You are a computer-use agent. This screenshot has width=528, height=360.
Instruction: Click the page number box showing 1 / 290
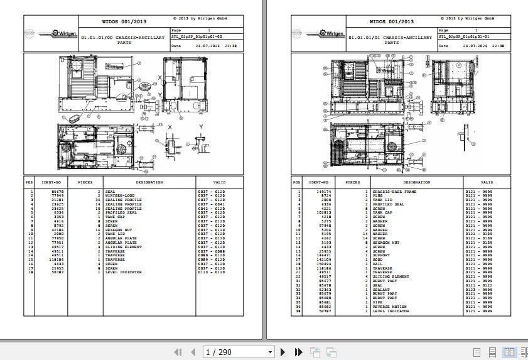239,352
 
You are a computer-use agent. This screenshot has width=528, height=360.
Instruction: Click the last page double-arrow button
298,352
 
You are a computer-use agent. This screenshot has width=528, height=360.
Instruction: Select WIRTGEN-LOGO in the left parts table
119,195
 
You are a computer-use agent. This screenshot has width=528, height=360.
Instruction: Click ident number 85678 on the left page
57,191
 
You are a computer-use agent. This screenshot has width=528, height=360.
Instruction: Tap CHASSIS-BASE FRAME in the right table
394,191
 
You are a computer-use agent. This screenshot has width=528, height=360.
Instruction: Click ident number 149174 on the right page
324,191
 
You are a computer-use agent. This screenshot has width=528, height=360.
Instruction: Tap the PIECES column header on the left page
85,182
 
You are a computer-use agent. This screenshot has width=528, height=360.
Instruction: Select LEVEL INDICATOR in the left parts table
123,272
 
